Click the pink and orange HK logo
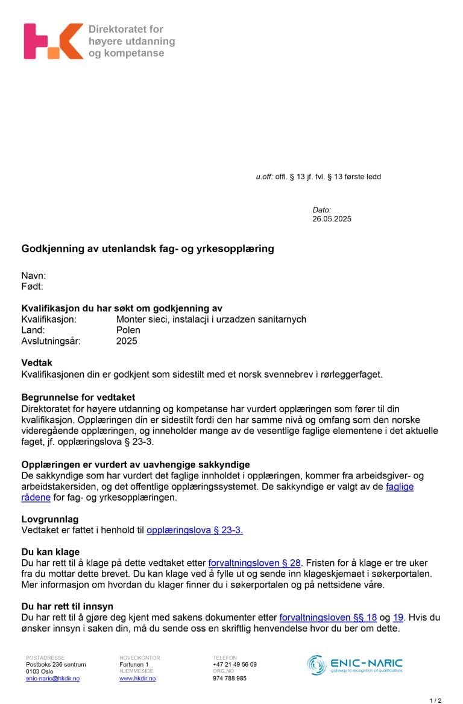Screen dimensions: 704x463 click(x=53, y=41)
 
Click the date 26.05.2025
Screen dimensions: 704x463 click(x=332, y=219)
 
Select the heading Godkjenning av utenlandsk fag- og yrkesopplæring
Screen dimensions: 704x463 click(x=148, y=249)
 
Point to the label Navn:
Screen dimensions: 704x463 click(x=34, y=276)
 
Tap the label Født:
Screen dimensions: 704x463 click(x=33, y=287)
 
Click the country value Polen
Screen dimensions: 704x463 click(x=128, y=330)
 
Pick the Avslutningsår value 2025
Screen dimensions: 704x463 click(x=127, y=341)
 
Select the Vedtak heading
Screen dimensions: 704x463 click(x=37, y=364)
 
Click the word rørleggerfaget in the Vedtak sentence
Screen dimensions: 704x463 click(x=354, y=374)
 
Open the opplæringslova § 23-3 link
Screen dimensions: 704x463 click(x=194, y=530)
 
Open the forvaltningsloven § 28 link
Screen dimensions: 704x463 click(x=254, y=563)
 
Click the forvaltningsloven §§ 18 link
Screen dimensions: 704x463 click(x=328, y=617)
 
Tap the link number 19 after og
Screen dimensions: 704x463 click(x=398, y=617)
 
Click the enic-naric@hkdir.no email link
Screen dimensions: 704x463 click(x=52, y=679)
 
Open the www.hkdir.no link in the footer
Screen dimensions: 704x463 click(x=137, y=679)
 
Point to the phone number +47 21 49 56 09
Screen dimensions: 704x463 click(x=235, y=664)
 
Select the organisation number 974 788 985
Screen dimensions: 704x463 click(x=230, y=679)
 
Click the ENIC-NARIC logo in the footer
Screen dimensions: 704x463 click(x=354, y=665)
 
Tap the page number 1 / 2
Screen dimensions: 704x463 click(x=435, y=700)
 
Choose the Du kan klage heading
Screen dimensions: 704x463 click(x=51, y=552)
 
